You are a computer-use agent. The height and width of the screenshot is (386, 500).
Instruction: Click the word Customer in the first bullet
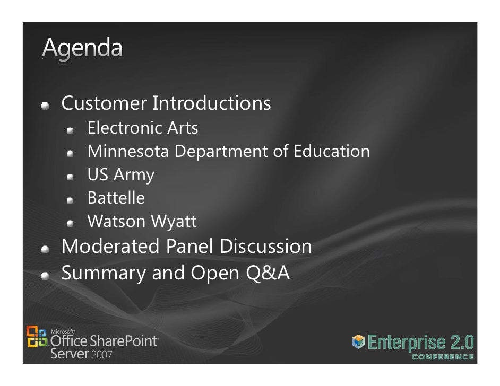coord(104,103)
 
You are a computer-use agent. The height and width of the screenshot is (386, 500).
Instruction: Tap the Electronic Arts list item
coord(142,128)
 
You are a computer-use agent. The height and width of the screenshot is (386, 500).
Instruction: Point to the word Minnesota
coord(127,152)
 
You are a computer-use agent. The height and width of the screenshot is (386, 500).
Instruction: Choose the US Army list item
coord(120,175)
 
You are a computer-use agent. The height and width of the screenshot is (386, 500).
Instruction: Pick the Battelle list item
coord(116,198)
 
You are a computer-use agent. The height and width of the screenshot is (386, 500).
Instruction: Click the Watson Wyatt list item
coord(141,222)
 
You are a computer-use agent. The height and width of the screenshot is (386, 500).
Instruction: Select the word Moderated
coord(110,247)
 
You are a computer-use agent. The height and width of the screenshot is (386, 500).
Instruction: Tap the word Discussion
coord(265,247)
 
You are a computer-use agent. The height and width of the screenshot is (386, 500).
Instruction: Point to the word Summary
coord(104,273)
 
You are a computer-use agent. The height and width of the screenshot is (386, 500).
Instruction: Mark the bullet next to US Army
coord(71,176)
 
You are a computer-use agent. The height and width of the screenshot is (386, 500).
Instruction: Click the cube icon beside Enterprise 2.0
coord(359,343)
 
